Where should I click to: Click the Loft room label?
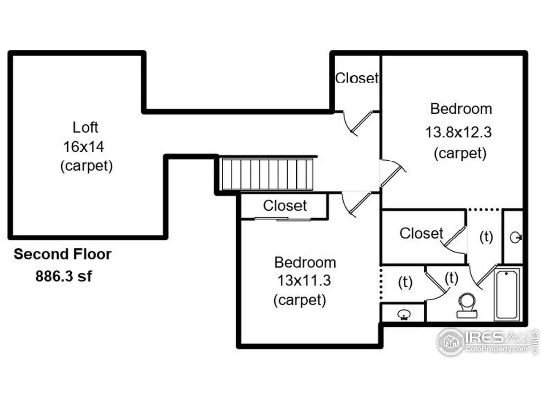(85, 127)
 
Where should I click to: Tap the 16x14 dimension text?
(84, 147)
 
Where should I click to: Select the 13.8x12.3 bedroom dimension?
(458, 132)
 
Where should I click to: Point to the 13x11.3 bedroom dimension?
(304, 280)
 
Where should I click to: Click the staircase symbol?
(268, 174)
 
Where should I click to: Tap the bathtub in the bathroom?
(508, 294)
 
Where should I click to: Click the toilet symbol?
(467, 305)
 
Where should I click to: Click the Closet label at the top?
(357, 78)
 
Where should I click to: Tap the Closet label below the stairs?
(285, 206)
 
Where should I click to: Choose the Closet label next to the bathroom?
(421, 233)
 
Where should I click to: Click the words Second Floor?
(63, 254)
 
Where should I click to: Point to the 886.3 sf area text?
(63, 276)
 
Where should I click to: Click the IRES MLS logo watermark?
(486, 341)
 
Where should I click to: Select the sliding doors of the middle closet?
(282, 219)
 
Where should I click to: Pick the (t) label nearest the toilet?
(451, 278)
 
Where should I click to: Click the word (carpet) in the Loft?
(86, 166)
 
